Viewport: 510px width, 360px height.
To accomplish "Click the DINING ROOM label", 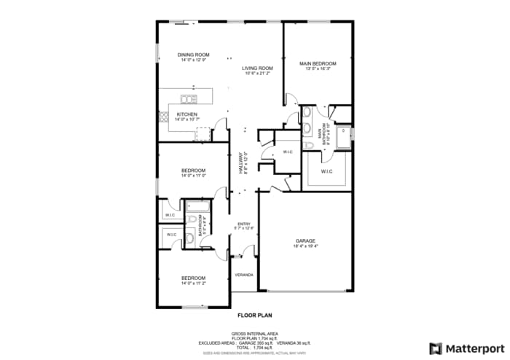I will coord(195,55).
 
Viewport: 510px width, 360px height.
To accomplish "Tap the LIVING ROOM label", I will coord(257,68).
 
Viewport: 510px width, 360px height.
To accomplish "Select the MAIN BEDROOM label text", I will coord(318,63).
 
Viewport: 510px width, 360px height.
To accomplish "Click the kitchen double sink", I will coord(189,99).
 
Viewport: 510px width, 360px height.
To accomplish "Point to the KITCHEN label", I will coord(187,114).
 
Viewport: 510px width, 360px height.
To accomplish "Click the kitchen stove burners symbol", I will coord(164,115).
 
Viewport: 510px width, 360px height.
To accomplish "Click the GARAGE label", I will coord(305,240).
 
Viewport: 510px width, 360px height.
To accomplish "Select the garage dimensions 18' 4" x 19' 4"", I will coord(305,246).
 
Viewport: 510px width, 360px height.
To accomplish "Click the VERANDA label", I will coord(243,275).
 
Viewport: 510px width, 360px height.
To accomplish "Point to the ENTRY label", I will coord(243,224).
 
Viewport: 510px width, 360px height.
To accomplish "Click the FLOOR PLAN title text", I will coord(254,316).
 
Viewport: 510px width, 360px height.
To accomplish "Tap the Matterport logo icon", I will coord(436,348).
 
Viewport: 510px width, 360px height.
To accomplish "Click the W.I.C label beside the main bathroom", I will coord(325,172).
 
